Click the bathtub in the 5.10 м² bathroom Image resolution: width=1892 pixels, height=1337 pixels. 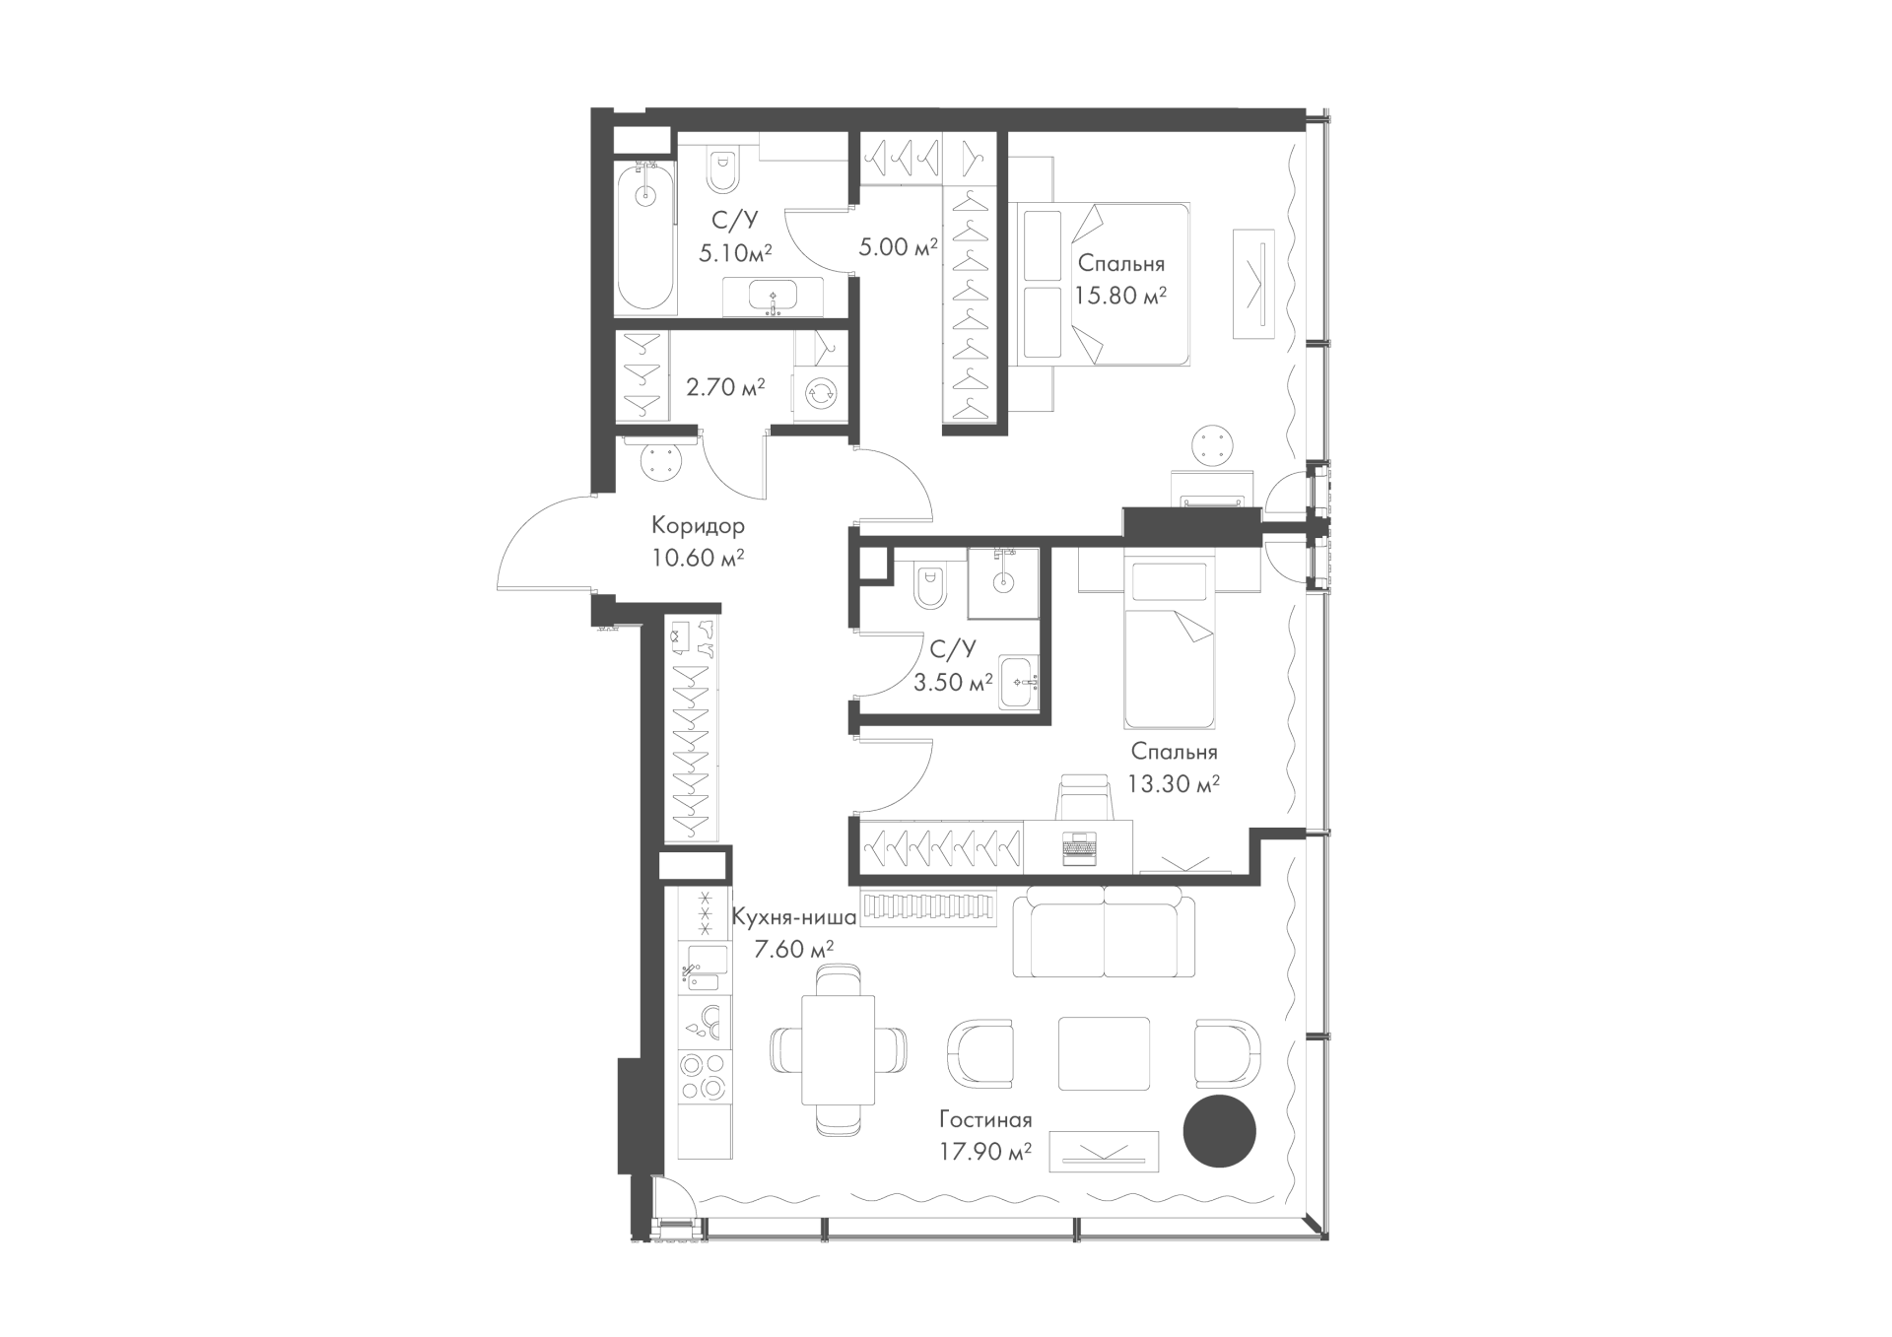645,239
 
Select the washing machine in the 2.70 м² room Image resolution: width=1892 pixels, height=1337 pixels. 820,392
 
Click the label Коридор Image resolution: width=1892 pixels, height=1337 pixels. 698,525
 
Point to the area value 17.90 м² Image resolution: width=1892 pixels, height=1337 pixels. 984,1150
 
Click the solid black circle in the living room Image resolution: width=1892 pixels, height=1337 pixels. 1219,1131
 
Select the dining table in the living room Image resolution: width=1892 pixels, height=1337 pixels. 838,1050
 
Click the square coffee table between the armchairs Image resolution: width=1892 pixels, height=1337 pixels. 1104,1053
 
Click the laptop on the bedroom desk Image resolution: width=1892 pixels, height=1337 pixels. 1079,848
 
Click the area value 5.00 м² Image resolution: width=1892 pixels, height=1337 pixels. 898,247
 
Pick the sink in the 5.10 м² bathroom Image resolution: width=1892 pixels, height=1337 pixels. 774,297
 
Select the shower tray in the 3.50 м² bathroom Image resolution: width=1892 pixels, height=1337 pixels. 1003,583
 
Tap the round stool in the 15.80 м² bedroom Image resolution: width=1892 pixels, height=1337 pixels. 1213,446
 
